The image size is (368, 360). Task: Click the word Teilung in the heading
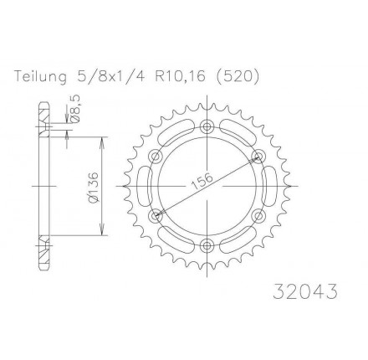tap(41, 76)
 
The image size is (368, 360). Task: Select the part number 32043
tap(305, 291)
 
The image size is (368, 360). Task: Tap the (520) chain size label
tap(238, 76)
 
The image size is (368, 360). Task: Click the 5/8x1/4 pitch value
tap(110, 76)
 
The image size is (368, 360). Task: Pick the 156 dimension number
tap(202, 181)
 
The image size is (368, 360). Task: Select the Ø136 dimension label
tap(94, 187)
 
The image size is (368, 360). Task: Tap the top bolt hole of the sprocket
tap(207, 126)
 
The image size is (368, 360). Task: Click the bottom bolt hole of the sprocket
tap(207, 245)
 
